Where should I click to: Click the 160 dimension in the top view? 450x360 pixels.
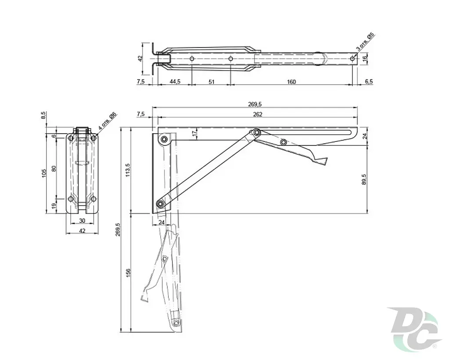[x=291, y=82]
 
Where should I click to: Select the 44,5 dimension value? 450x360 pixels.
[x=175, y=81]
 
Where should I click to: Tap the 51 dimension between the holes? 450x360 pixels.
[x=211, y=82]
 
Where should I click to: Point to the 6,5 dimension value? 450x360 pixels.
[x=369, y=81]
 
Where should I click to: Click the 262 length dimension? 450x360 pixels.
[x=258, y=114]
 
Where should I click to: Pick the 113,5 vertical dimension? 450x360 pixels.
[x=128, y=170]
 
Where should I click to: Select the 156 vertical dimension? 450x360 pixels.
[x=128, y=273]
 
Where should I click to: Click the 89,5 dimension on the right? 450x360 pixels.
[x=364, y=179]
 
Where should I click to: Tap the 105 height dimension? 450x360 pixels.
[x=44, y=173]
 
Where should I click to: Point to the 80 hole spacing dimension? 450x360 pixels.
[x=53, y=168]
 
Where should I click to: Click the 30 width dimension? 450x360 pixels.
[x=82, y=221]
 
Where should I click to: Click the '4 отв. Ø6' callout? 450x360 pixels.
[x=107, y=121]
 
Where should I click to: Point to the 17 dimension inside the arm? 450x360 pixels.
[x=195, y=133]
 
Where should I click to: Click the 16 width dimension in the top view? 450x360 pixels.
[x=364, y=58]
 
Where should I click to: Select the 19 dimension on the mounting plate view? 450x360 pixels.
[x=53, y=206]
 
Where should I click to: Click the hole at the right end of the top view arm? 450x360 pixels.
[x=352, y=59]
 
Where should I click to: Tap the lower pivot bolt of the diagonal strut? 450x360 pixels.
[x=160, y=204]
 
